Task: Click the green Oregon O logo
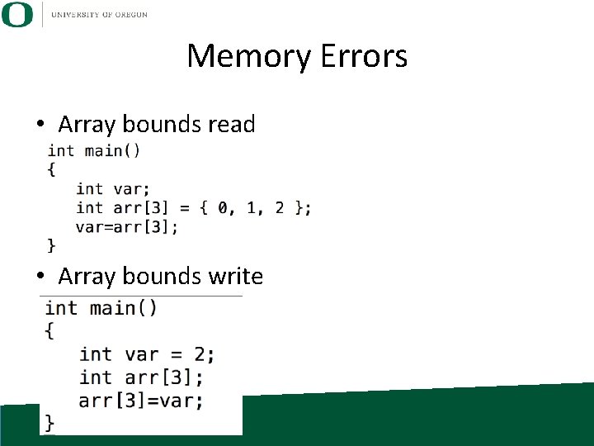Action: coord(17,15)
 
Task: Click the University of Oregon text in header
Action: coord(99,15)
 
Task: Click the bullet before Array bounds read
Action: coord(40,125)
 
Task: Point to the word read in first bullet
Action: coord(232,125)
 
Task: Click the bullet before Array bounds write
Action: coord(40,275)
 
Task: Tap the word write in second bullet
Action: coord(235,275)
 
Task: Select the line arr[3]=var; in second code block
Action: coord(141,401)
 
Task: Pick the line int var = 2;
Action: coord(147,354)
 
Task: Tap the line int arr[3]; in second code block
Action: coord(141,377)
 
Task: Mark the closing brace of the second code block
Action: coord(50,422)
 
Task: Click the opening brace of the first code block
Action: coord(52,169)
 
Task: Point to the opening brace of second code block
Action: coord(50,331)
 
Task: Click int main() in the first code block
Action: coord(94,150)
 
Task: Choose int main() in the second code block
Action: coord(101,308)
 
